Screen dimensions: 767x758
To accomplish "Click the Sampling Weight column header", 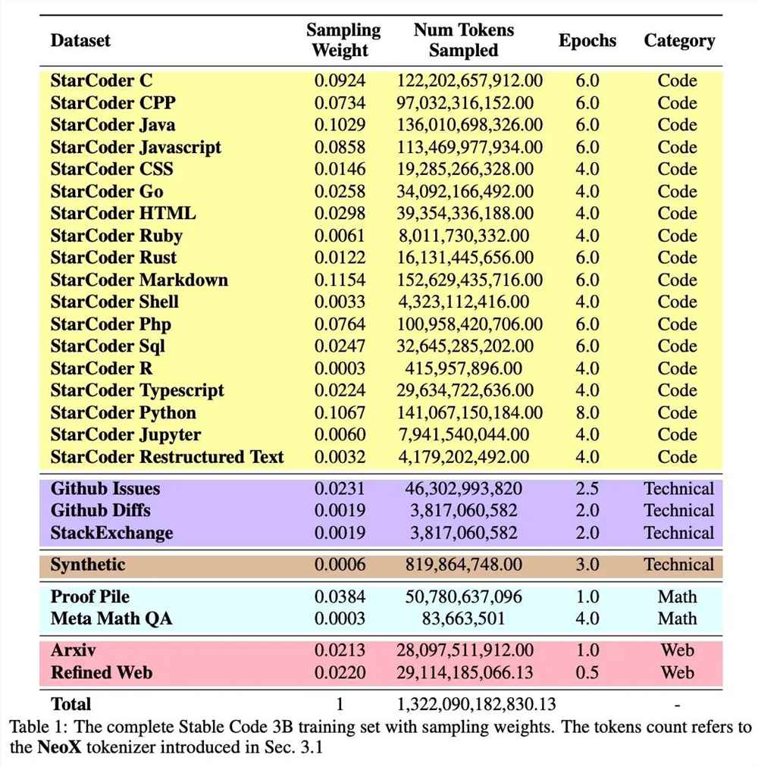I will coord(343,40).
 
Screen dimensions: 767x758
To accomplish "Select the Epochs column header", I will coord(587,41).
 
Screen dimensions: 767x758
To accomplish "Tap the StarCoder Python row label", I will coord(123,413).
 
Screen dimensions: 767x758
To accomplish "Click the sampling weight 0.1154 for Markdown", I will coord(340,280).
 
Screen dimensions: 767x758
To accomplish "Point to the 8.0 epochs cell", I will coord(587,413).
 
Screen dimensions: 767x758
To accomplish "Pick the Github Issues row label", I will coord(105,489).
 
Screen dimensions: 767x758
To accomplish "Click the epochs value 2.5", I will coord(587,489).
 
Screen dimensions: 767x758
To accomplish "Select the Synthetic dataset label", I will coord(88,565).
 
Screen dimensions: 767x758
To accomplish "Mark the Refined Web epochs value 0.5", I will coord(587,672).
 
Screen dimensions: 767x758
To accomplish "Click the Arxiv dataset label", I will coord(74,650).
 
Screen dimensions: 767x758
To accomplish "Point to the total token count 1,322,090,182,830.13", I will coord(476,703).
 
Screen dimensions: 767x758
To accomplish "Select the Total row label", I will coord(70,703).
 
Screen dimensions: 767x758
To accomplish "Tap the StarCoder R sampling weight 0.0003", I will coord(340,369).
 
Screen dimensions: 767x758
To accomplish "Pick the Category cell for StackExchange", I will coord(678,533).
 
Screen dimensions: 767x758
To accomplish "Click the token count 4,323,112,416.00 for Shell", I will coord(465,302).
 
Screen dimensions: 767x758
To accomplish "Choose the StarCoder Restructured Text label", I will coord(167,457).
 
